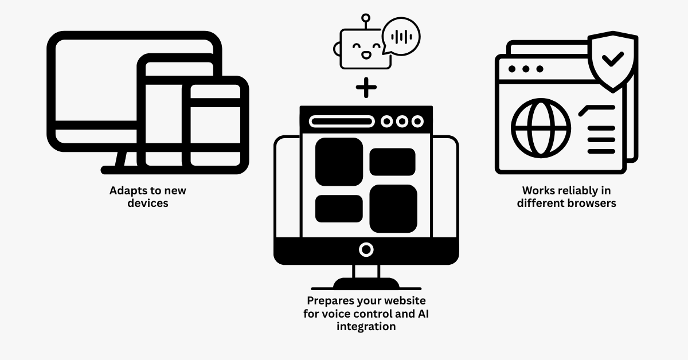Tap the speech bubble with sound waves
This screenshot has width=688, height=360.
(x=401, y=36)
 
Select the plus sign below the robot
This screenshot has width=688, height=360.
(x=366, y=88)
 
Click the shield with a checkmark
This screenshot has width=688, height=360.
(x=613, y=60)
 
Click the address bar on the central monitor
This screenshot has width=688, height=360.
(x=342, y=122)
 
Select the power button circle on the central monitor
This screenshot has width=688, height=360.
(x=366, y=249)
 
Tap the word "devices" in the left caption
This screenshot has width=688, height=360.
(x=148, y=203)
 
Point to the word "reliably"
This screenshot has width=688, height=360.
(x=578, y=190)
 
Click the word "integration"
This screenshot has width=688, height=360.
(x=366, y=326)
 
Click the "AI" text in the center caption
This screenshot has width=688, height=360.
(x=422, y=314)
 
